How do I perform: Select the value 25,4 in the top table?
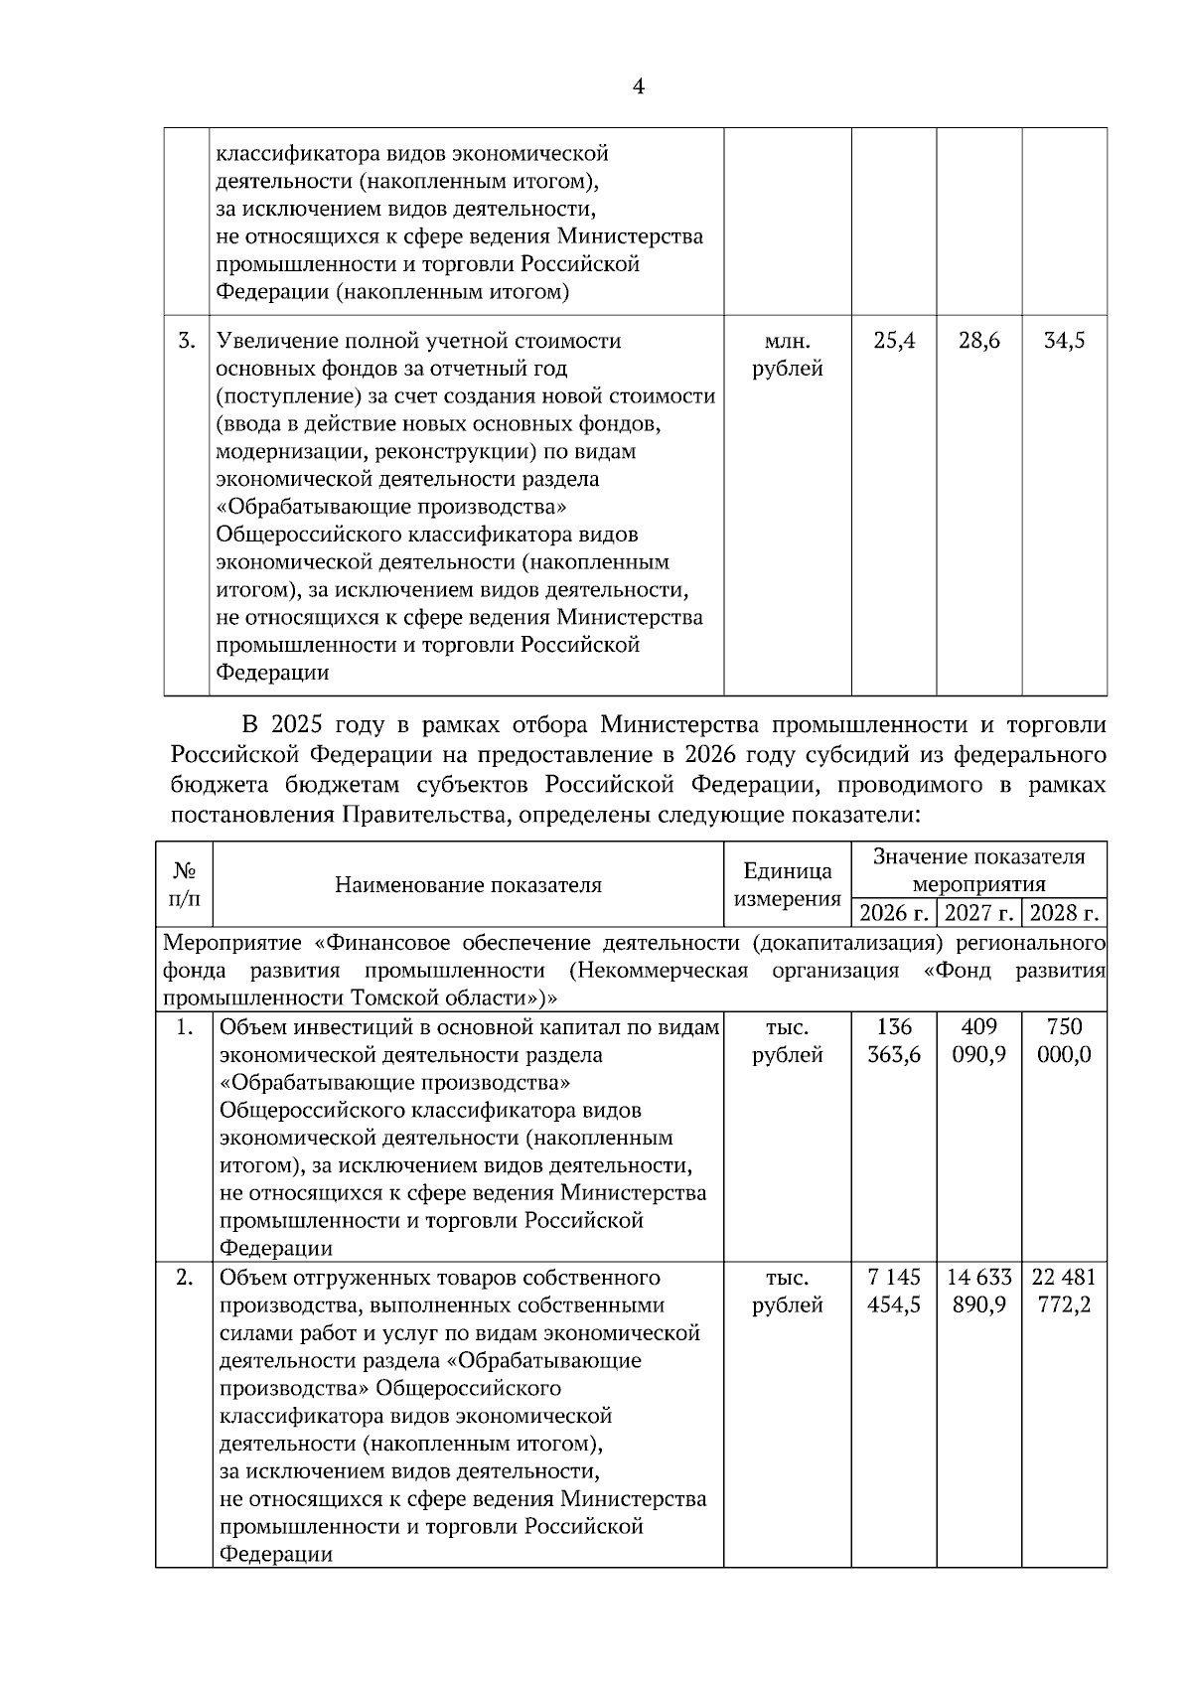pos(894,341)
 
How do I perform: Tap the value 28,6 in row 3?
pos(979,341)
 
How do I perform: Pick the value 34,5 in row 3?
pos(1065,341)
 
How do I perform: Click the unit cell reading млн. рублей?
pos(787,355)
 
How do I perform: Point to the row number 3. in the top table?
pos(187,341)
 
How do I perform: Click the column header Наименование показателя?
pos(468,885)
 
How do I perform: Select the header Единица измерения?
pos(787,885)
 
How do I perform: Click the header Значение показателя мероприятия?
pos(978,870)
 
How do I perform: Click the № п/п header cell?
pos(184,885)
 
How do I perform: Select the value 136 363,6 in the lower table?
pos(894,1040)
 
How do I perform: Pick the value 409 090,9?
pos(979,1040)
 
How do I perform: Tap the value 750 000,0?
pos(1065,1040)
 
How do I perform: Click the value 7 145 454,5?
pos(894,1291)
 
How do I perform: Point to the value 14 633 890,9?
pos(979,1291)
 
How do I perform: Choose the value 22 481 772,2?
pos(1065,1291)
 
